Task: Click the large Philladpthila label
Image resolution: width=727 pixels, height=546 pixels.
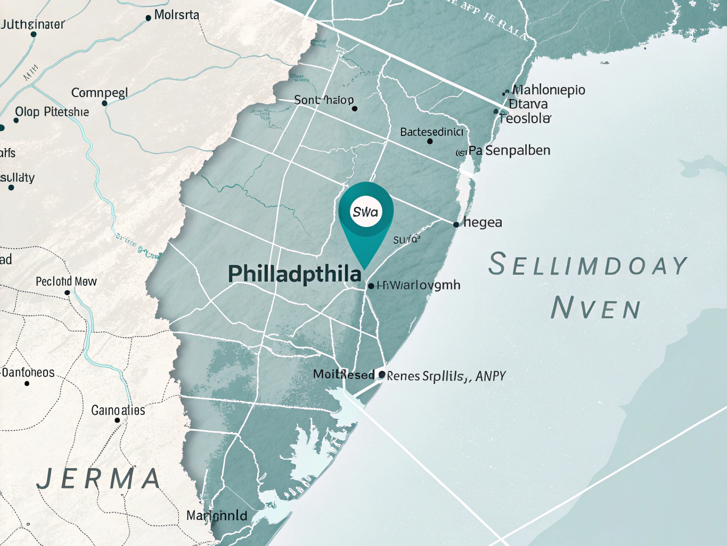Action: [x=295, y=274]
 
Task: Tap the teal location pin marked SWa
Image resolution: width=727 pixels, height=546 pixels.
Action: [x=365, y=212]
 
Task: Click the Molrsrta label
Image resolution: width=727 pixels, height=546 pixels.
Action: [x=176, y=15]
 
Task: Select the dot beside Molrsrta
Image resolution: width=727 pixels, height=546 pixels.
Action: [x=148, y=18]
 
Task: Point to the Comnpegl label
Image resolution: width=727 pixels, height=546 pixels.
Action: [x=100, y=93]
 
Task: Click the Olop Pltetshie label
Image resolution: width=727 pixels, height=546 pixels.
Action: [x=52, y=112]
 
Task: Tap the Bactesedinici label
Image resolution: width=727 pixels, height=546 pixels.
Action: [x=431, y=132]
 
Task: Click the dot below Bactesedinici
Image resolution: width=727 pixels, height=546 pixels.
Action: [x=430, y=141]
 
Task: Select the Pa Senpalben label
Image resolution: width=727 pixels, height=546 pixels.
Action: [x=509, y=150]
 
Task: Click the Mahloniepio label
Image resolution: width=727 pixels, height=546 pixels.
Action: [x=549, y=90]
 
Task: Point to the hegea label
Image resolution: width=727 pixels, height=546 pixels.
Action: [x=483, y=222]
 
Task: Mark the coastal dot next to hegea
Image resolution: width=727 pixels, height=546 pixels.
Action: [x=456, y=224]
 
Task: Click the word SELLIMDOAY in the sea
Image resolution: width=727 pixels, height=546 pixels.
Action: [x=588, y=265]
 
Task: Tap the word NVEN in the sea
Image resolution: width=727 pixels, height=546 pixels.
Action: [x=595, y=308]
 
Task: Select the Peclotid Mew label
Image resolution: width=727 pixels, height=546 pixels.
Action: [x=66, y=281]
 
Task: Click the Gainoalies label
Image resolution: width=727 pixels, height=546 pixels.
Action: [x=118, y=410]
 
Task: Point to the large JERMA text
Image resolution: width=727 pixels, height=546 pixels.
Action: [x=99, y=478]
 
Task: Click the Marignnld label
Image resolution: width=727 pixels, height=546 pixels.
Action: [x=217, y=516]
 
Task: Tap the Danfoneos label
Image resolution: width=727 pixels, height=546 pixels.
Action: [x=28, y=372]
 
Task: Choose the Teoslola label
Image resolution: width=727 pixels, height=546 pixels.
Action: [x=525, y=118]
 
